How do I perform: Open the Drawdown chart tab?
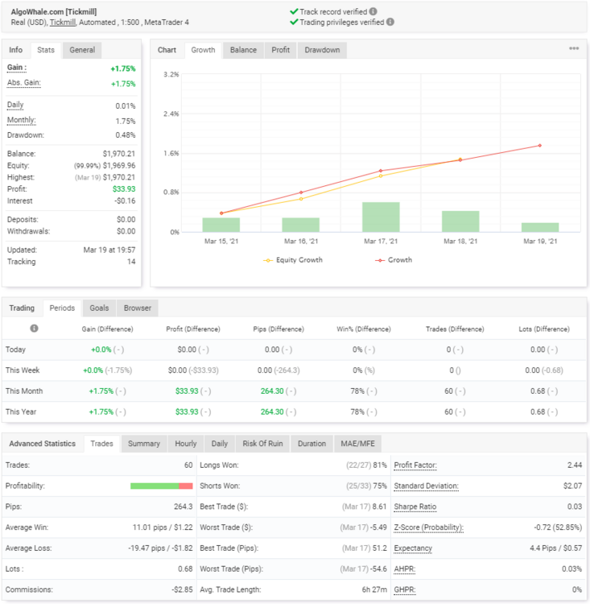[x=322, y=50]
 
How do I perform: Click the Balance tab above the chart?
[x=243, y=50]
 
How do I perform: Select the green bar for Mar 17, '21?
[x=381, y=217]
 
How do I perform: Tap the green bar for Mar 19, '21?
[x=540, y=227]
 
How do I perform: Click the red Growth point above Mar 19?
[x=540, y=146]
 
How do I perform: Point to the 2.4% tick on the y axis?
[x=171, y=114]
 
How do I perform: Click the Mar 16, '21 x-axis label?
[x=301, y=242]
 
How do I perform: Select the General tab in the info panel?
[x=82, y=50]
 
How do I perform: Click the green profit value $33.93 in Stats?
[x=124, y=189]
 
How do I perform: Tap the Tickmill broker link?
[x=63, y=23]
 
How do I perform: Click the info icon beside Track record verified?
[x=373, y=11]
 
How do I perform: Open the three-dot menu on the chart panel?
[x=574, y=48]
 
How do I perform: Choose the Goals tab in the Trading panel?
[x=99, y=308]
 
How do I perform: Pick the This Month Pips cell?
[x=278, y=391]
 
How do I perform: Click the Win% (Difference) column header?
[x=364, y=329]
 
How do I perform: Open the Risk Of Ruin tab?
[x=262, y=444]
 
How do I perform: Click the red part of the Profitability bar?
[x=186, y=486]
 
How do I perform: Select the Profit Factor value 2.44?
[x=575, y=465]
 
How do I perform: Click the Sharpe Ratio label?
[x=415, y=507]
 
